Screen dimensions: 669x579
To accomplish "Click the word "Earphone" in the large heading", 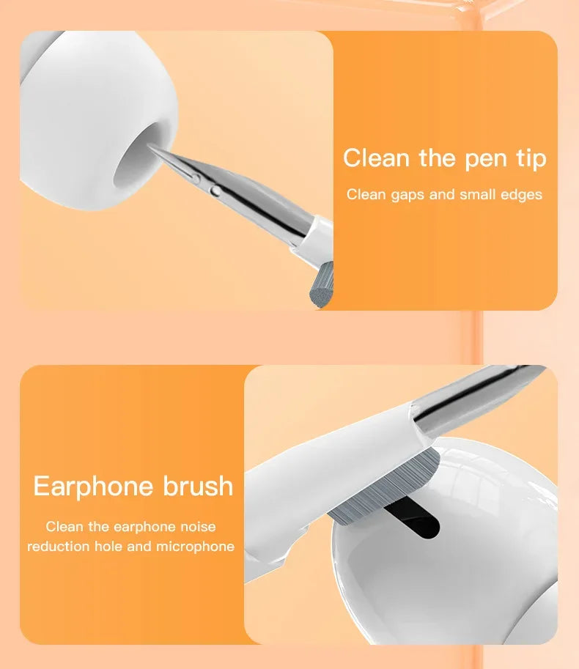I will (x=94, y=486).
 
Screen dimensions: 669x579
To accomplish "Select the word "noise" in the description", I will (x=199, y=526).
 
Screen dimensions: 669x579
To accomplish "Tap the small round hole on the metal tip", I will (x=214, y=191).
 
